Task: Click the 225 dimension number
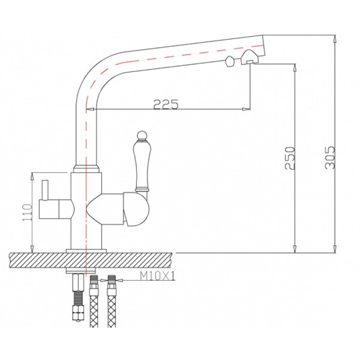click(x=166, y=104)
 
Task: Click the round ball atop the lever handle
click(x=141, y=136)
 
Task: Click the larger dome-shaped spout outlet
click(x=249, y=57)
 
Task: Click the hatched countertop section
click(x=93, y=259)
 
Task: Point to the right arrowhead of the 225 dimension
click(x=247, y=109)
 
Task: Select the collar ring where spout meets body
click(x=86, y=168)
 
